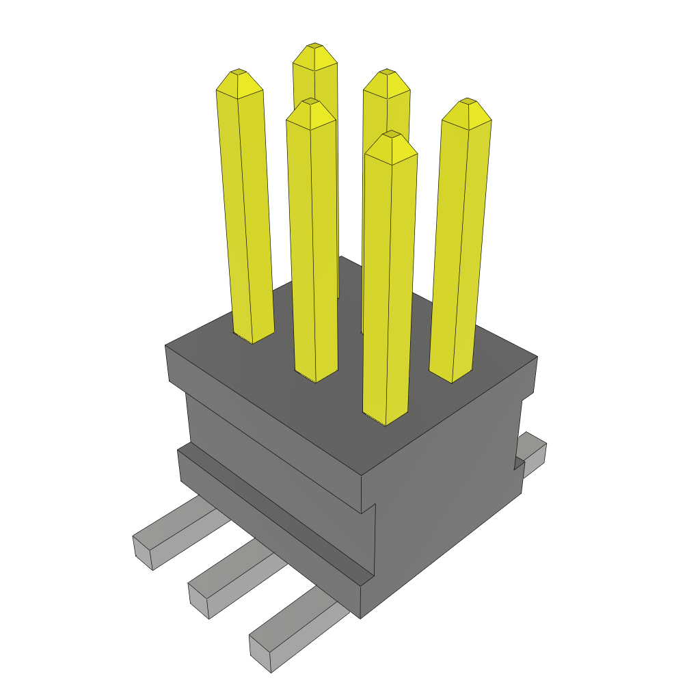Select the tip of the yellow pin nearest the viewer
(x=391, y=134)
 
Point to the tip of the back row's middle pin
(x=387, y=72)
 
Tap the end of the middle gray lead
(x=198, y=601)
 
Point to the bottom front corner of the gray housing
(x=360, y=617)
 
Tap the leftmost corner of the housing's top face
(x=166, y=347)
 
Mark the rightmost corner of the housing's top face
(x=537, y=357)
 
